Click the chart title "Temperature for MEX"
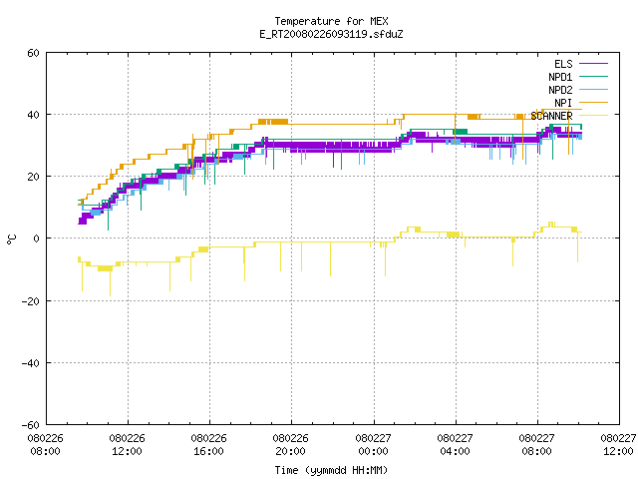tap(331, 21)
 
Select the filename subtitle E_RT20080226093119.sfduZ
tap(331, 34)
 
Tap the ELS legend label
tap(563, 64)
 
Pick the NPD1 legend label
tap(560, 77)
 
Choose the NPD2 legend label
tap(560, 90)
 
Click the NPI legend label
tap(563, 103)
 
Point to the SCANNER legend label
tap(551, 116)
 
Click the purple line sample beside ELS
tap(593, 64)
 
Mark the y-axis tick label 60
tap(33, 53)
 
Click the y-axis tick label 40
tap(33, 115)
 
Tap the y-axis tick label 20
tap(33, 177)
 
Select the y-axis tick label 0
tap(36, 239)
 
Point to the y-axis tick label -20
tap(31, 301)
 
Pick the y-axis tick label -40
tap(31, 363)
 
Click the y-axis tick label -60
tap(31, 425)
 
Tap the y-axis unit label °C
tap(11, 239)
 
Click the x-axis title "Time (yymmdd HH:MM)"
tap(331, 470)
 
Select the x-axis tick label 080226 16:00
tap(208, 445)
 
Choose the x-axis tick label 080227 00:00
tap(373, 445)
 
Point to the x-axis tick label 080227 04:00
tap(455, 445)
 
